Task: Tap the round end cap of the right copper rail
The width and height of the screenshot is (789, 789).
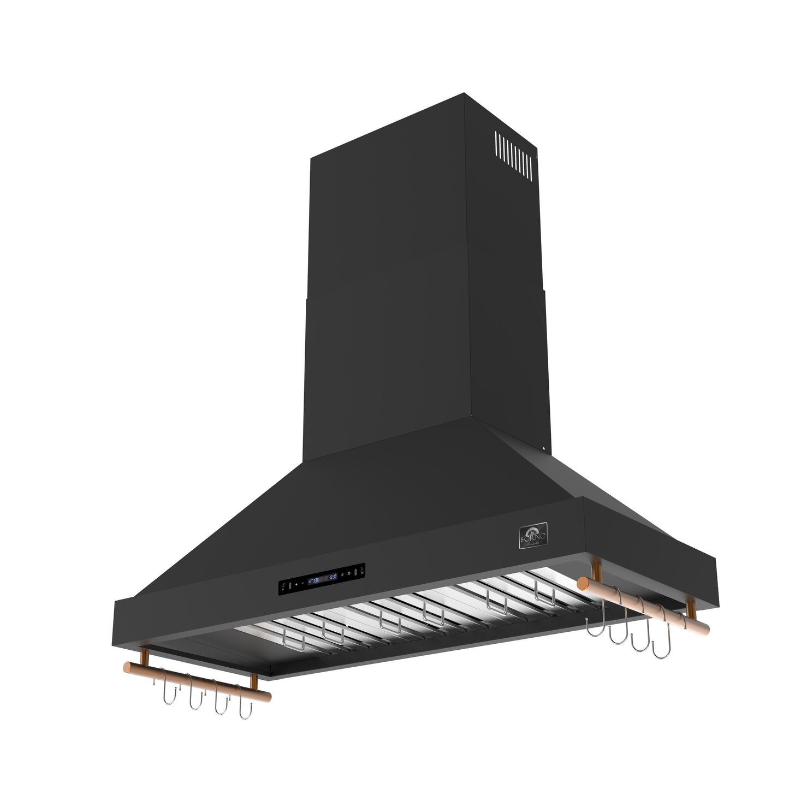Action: click(x=582, y=583)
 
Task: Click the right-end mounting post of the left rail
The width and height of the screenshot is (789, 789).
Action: click(x=254, y=681)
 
